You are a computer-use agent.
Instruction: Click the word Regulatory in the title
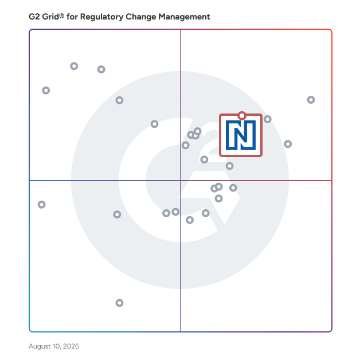[101, 17]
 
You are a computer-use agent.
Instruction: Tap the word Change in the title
[141, 17]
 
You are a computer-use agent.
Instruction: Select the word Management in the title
[184, 17]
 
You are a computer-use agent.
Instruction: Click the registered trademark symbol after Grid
[62, 15]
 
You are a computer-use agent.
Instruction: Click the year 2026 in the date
[71, 346]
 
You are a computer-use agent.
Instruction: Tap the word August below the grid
[40, 346]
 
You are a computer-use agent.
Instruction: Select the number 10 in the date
[56, 346]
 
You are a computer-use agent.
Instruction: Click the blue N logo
[241, 135]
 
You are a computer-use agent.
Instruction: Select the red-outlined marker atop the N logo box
[242, 116]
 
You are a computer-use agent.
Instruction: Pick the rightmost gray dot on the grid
[311, 100]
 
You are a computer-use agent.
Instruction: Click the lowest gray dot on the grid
[119, 303]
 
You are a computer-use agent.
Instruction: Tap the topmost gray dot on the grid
[74, 66]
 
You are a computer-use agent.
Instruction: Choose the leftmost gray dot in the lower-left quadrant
[41, 205]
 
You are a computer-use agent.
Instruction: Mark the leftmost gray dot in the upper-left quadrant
[46, 91]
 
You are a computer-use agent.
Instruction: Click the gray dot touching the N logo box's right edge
[268, 119]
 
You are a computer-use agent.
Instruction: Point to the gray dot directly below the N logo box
[230, 166]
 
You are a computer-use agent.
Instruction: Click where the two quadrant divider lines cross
[181, 181]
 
